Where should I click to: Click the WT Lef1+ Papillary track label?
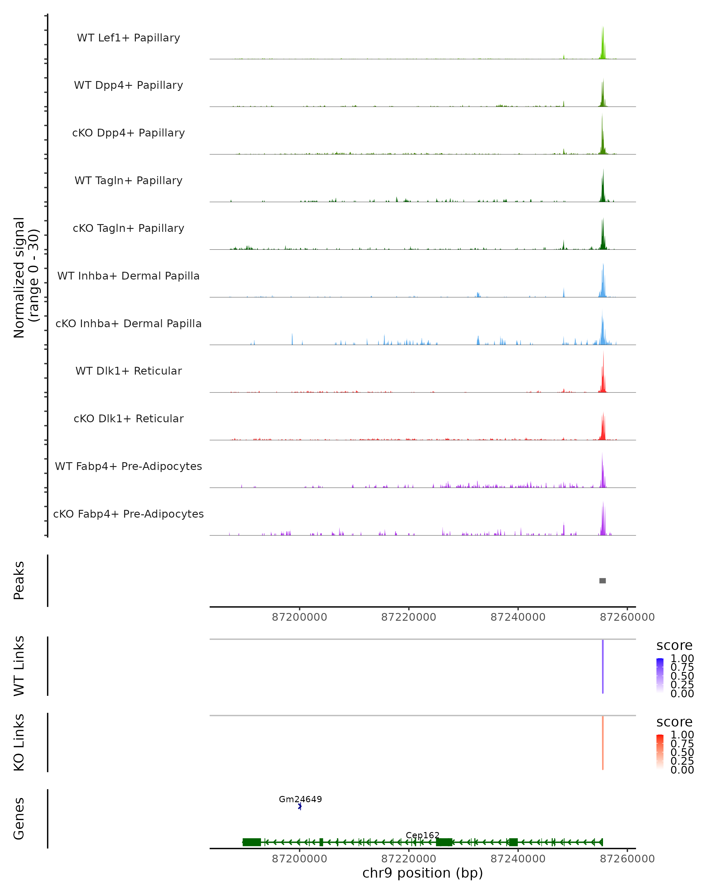[128, 38]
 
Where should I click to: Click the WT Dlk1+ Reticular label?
[128, 371]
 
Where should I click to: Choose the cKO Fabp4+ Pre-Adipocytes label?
[128, 514]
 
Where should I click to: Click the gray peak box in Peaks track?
[602, 581]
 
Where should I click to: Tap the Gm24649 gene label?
[300, 799]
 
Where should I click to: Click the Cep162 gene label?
[422, 835]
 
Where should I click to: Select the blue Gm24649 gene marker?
[300, 806]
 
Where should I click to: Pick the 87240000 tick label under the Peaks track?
[518, 617]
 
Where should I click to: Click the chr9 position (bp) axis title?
[422, 873]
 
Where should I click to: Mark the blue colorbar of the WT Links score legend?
[660, 675]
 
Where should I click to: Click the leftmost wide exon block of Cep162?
[252, 842]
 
